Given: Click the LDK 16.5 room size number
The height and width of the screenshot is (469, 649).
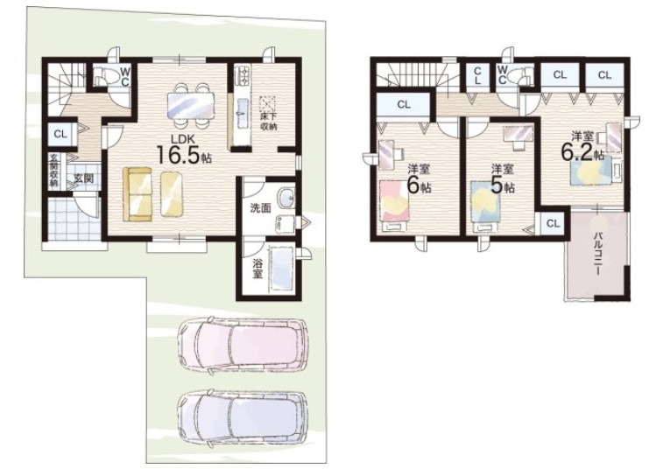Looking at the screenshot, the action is tap(178, 154).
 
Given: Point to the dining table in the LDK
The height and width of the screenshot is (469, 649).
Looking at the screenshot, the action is tap(191, 106).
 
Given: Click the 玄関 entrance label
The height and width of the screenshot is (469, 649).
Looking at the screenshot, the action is tap(83, 178).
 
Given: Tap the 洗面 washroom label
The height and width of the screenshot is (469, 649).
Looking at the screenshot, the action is tap(260, 208).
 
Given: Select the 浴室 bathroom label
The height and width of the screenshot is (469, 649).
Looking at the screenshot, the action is tap(257, 268).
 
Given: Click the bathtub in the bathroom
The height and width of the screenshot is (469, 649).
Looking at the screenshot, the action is tap(281, 269).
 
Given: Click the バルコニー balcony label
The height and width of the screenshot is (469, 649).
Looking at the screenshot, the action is tap(597, 254).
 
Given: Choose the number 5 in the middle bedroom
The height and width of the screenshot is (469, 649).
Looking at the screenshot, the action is tap(497, 185).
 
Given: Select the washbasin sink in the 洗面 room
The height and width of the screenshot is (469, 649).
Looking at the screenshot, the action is tap(286, 199).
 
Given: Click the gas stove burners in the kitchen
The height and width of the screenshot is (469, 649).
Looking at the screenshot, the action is tap(241, 75).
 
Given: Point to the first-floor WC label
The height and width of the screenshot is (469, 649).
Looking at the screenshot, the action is tap(124, 77).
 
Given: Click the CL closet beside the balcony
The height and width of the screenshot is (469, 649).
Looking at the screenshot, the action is tap(553, 224).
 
